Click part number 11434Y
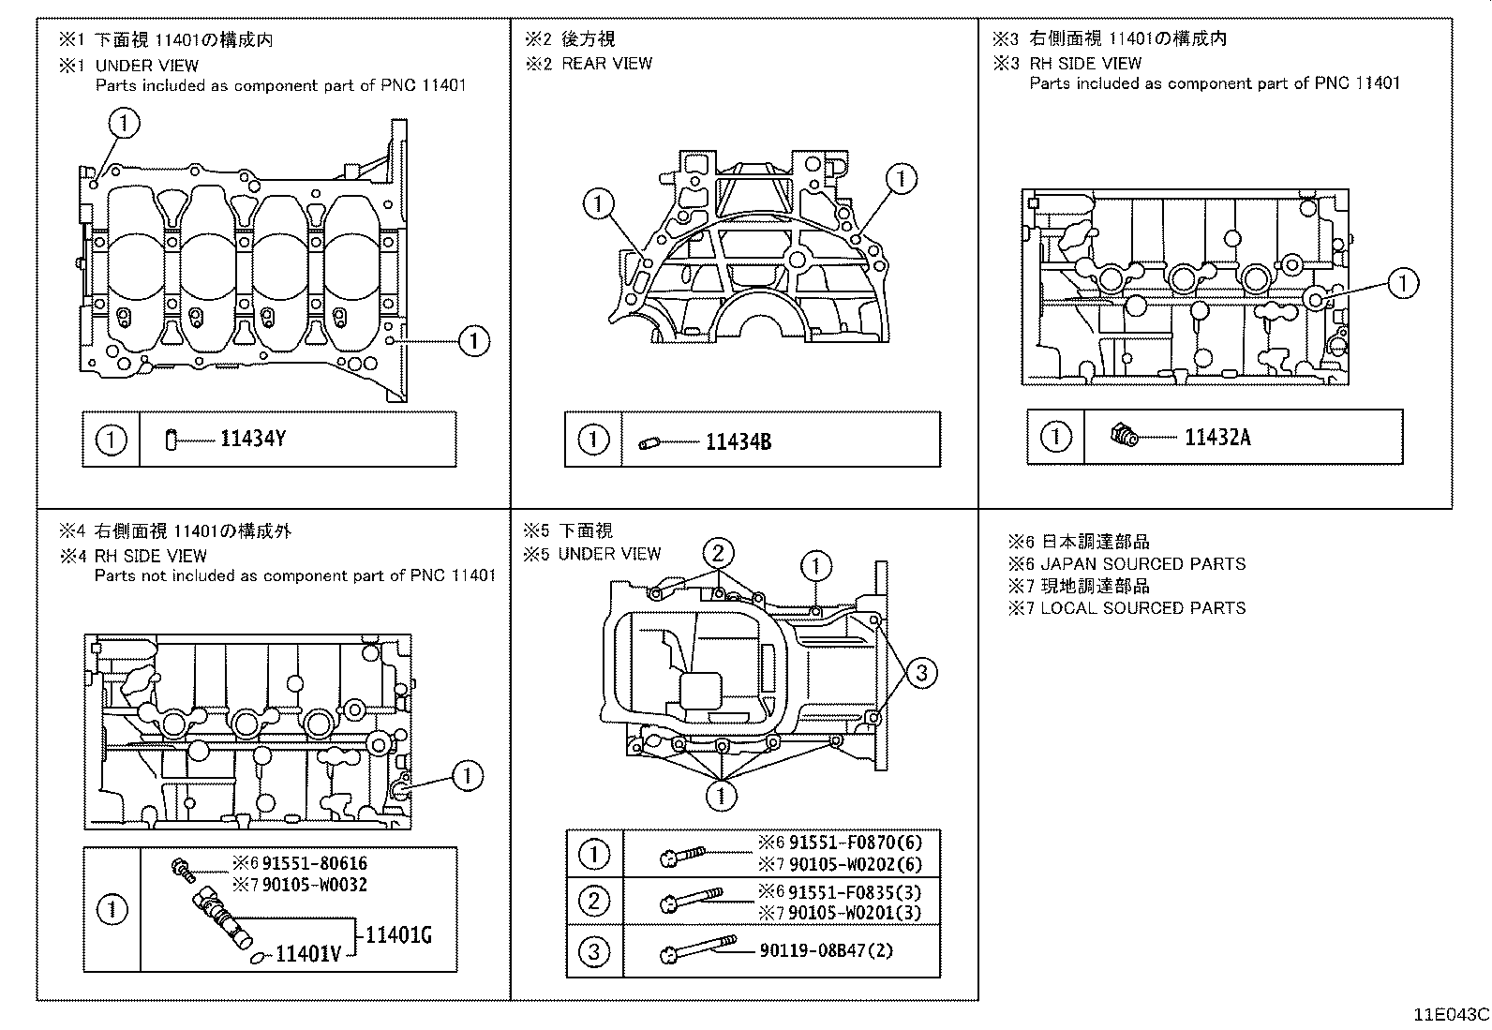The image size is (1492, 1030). point(252,439)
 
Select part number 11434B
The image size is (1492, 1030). point(738,442)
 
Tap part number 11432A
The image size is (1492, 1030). point(1216,438)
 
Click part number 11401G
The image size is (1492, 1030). point(398,934)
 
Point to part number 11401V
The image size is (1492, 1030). point(308,955)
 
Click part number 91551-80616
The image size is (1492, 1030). point(314,863)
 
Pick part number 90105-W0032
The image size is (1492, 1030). point(314,885)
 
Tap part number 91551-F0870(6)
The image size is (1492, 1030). point(855,843)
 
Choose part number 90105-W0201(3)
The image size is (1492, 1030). point(855,913)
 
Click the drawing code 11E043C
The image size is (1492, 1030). point(1452,1014)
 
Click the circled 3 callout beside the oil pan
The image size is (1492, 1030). point(921,672)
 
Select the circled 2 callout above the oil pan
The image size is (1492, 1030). point(718,552)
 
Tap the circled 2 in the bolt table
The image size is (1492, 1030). point(594,902)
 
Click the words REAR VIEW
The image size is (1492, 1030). point(606,63)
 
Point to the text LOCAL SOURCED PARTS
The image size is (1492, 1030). point(1143,608)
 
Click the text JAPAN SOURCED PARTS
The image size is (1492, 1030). point(1143,564)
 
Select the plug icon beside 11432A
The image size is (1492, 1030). point(1124,435)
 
